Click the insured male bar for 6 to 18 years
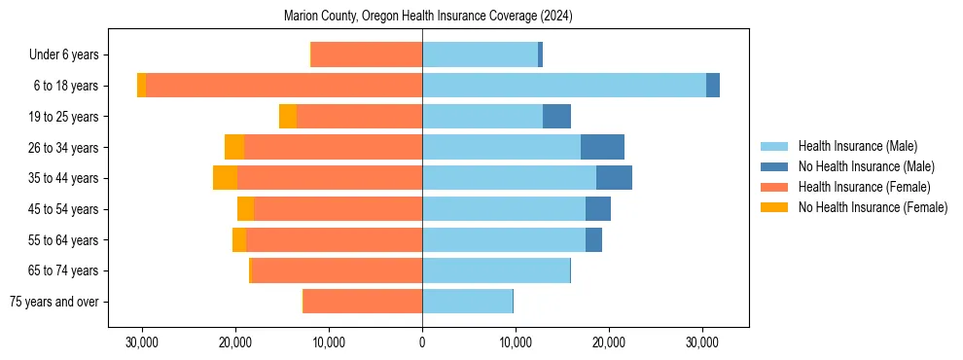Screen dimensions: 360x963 pyautogui.click(x=564, y=86)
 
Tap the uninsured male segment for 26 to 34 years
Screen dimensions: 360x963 pyautogui.click(x=602, y=147)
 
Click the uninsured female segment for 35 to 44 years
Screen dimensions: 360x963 pyautogui.click(x=225, y=178)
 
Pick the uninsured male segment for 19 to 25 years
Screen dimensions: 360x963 pyautogui.click(x=556, y=117)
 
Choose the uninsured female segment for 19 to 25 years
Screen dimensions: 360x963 pyautogui.click(x=288, y=117)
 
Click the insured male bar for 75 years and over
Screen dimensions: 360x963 pyautogui.click(x=467, y=302)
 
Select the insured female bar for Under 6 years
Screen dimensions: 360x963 pyautogui.click(x=367, y=55)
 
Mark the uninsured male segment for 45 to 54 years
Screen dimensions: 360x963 pyautogui.click(x=598, y=209)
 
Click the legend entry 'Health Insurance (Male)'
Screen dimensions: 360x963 pyautogui.click(x=857, y=146)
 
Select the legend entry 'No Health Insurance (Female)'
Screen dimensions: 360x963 pyautogui.click(x=873, y=207)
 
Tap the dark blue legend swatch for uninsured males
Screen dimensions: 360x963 pyautogui.click(x=775, y=166)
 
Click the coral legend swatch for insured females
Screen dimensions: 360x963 pyautogui.click(x=775, y=187)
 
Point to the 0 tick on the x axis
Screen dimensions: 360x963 pyautogui.click(x=422, y=342)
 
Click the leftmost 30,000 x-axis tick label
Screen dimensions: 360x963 pyautogui.click(x=142, y=342)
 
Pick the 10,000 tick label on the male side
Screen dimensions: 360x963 pyautogui.click(x=516, y=342)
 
